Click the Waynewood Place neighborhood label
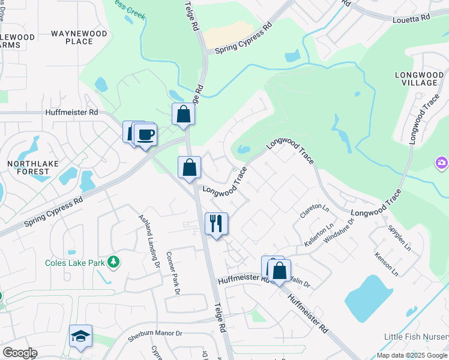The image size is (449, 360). (79, 37)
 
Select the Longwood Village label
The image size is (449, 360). (418, 80)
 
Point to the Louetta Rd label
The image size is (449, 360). (412, 19)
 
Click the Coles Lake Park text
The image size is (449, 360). (73, 263)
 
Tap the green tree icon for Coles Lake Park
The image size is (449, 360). (112, 262)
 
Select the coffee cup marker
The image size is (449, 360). (145, 134)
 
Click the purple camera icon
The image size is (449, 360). (442, 162)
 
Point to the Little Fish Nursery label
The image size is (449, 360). (417, 336)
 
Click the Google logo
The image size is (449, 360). (20, 353)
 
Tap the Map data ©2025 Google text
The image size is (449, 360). (412, 355)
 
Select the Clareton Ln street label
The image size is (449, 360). (315, 210)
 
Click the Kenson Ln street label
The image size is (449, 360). (386, 263)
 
